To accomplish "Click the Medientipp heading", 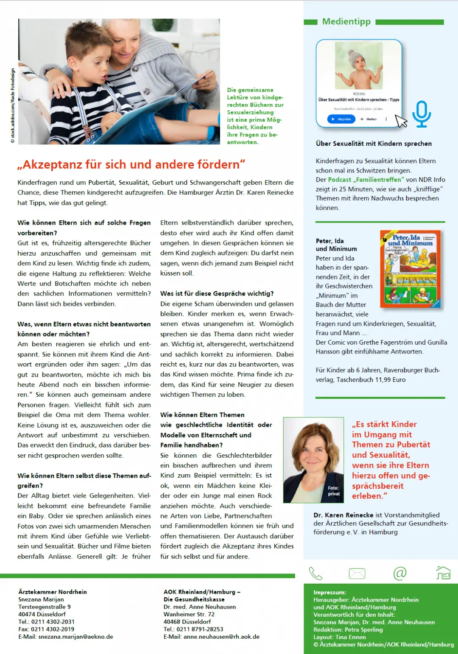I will [x=346, y=22].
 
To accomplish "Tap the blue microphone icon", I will [x=421, y=114].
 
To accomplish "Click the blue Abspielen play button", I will [x=341, y=119].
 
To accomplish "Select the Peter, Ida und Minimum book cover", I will [x=410, y=269].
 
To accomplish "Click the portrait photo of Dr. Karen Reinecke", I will [x=313, y=460].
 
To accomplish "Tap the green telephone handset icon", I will [x=316, y=573].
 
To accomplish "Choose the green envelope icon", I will [x=357, y=573].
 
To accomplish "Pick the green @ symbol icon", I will [x=400, y=573].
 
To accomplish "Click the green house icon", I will [x=443, y=573].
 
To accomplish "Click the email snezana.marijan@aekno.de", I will [x=75, y=637].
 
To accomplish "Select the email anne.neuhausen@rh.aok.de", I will [x=221, y=637].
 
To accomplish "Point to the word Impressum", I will [x=329, y=593].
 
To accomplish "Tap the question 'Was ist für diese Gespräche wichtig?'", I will [x=217, y=293].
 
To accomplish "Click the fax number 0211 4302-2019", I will [x=53, y=629].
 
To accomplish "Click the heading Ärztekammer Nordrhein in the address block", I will [x=53, y=592].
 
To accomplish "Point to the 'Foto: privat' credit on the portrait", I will [x=334, y=491].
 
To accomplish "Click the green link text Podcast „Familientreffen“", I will [x=366, y=180].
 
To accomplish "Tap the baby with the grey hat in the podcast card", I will [x=359, y=66].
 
